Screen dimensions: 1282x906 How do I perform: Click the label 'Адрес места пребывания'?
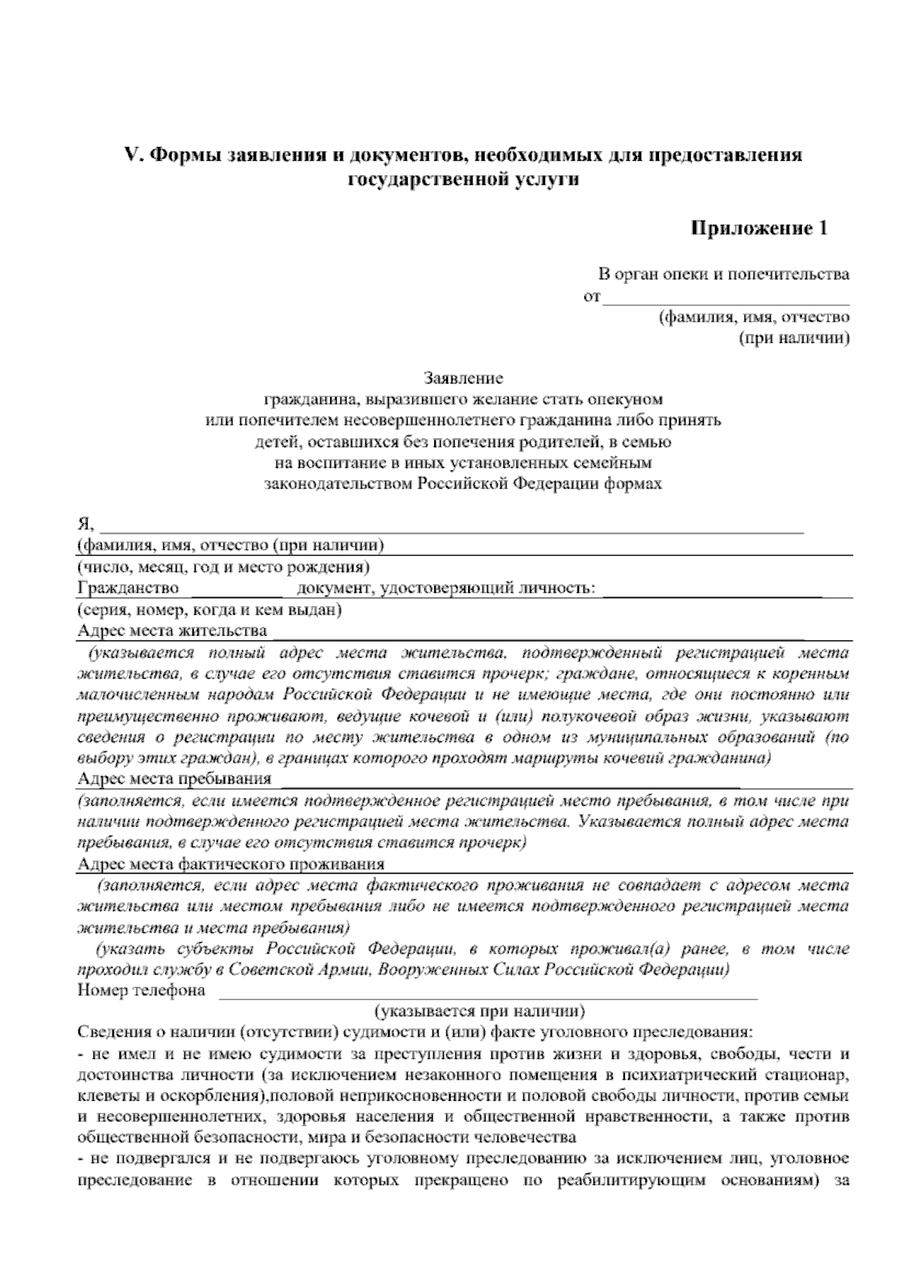pyautogui.click(x=174, y=778)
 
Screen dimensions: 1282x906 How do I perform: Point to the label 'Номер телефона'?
pyautogui.click(x=141, y=990)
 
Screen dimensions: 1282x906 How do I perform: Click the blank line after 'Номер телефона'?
pyautogui.click(x=487, y=995)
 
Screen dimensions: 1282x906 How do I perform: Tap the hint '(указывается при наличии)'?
pyautogui.click(x=479, y=1010)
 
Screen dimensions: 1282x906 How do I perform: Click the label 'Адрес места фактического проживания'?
pyautogui.click(x=231, y=864)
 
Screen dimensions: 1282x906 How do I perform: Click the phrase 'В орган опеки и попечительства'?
pyautogui.click(x=723, y=274)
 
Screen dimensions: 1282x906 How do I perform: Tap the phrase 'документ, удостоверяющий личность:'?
pyautogui.click(x=446, y=587)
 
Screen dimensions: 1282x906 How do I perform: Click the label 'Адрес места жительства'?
pyautogui.click(x=172, y=630)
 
